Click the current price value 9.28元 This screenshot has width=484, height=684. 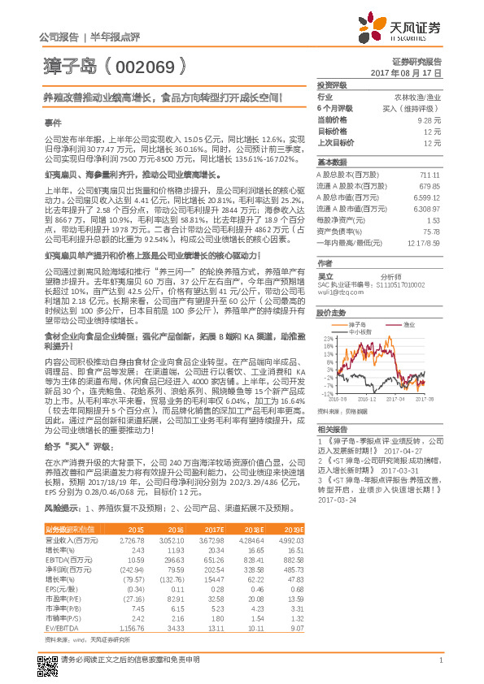click(x=430, y=119)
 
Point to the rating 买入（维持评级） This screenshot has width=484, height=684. click(x=419, y=107)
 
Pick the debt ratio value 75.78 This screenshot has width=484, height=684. click(x=433, y=231)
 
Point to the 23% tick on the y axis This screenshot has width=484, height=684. click(x=327, y=339)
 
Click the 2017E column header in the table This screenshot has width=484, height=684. click(x=213, y=529)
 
